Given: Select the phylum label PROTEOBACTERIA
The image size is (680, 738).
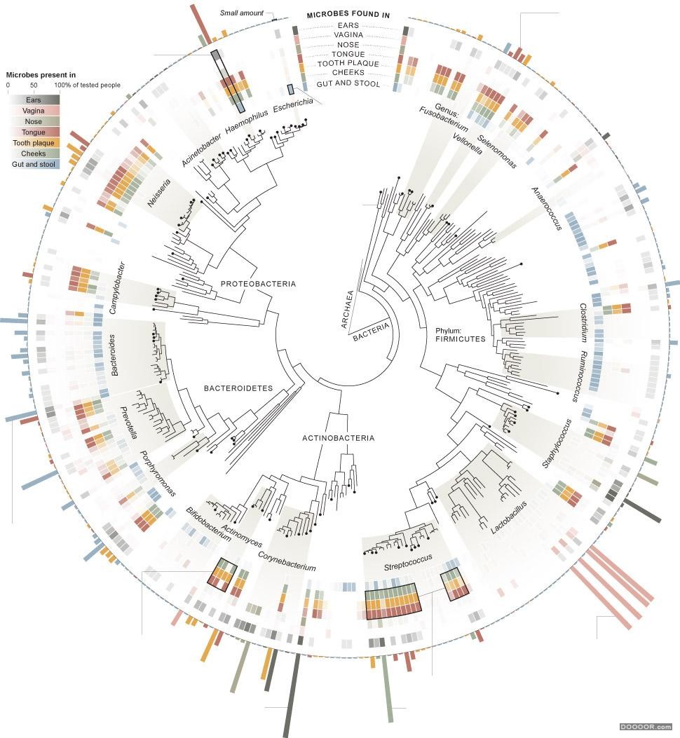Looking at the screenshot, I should click(x=258, y=284).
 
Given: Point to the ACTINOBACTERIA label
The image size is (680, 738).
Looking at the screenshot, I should click(x=338, y=439).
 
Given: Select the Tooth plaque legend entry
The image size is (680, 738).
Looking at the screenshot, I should click(x=29, y=143).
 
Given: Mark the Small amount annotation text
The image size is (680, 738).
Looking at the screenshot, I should click(x=242, y=13).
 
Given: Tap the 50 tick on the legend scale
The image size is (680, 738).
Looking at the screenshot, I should click(x=34, y=86).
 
